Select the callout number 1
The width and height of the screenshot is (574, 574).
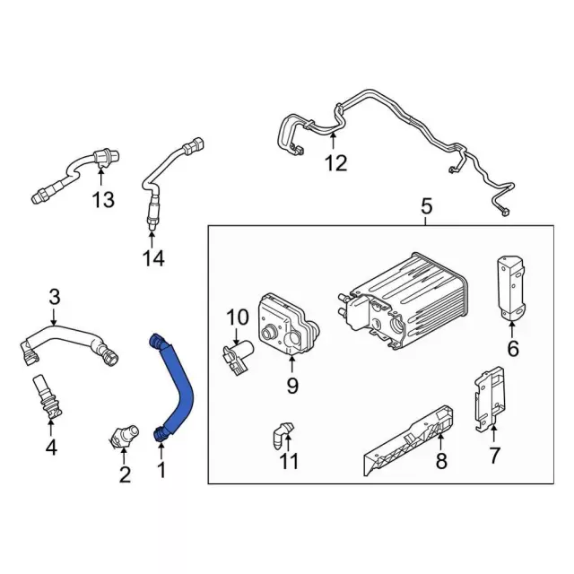tap(162, 467)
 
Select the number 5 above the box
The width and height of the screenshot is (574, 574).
tap(426, 207)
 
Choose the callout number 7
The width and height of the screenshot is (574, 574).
tap(494, 455)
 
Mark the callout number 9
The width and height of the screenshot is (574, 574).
tap(291, 387)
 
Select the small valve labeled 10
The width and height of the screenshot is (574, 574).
tap(238, 355)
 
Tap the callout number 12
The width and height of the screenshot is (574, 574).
tap(335, 163)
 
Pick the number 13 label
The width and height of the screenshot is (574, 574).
tap(104, 199)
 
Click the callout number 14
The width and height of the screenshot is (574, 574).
tap(152, 258)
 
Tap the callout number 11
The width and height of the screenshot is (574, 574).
tap(287, 463)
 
